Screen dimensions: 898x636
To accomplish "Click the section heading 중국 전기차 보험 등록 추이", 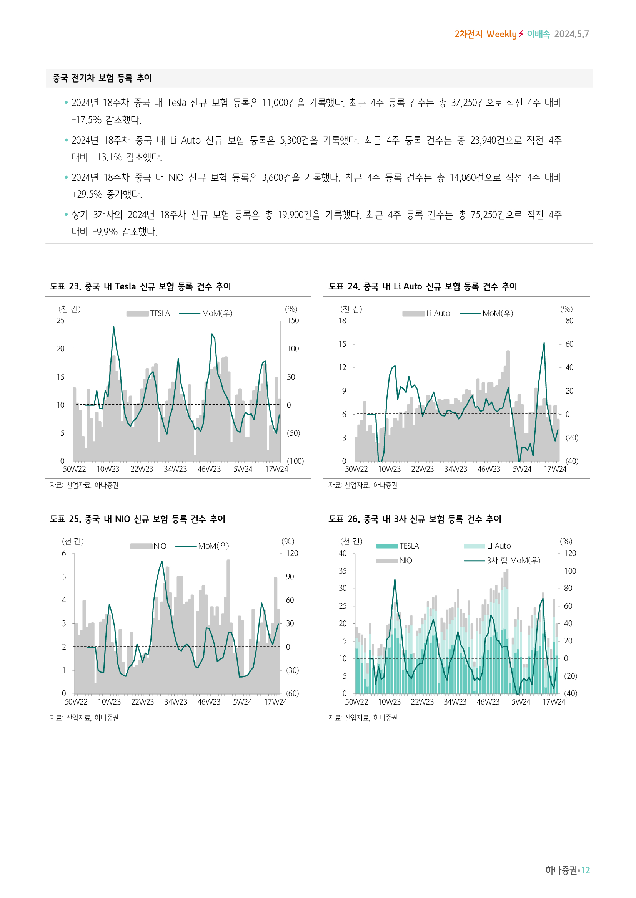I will (102, 78).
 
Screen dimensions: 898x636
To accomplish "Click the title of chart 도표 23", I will (140, 286).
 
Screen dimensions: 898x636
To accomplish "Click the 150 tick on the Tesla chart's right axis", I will (293, 321).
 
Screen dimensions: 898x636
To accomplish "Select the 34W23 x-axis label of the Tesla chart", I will (175, 469).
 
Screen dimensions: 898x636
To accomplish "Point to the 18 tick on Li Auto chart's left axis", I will (342, 321).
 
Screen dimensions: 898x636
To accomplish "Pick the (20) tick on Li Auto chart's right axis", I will (571, 438).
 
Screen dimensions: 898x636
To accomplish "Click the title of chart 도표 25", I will (137, 519).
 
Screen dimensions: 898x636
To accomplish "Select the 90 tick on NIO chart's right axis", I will (290, 577).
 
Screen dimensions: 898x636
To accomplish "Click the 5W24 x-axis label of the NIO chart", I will (242, 702).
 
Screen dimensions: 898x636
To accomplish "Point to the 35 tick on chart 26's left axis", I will (342, 571).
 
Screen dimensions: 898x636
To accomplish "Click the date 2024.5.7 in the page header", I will (571, 34).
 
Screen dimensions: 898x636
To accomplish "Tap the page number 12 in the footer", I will (585, 870).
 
